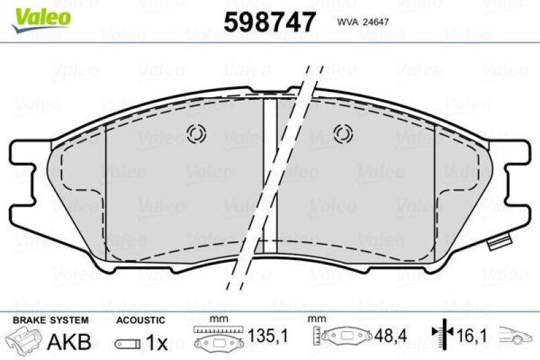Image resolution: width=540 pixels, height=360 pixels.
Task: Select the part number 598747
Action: [x=269, y=22]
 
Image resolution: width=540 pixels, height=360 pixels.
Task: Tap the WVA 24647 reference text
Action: [x=362, y=22]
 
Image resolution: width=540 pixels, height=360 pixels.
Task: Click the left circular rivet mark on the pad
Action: [x=196, y=134]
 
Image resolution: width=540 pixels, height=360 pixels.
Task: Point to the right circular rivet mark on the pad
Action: [x=343, y=134]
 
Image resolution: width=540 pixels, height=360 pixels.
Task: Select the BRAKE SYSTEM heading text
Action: [x=51, y=320]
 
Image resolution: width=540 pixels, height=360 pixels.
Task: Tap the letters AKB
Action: [x=70, y=341]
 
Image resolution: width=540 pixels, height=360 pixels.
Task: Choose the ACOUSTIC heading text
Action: [x=140, y=320]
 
